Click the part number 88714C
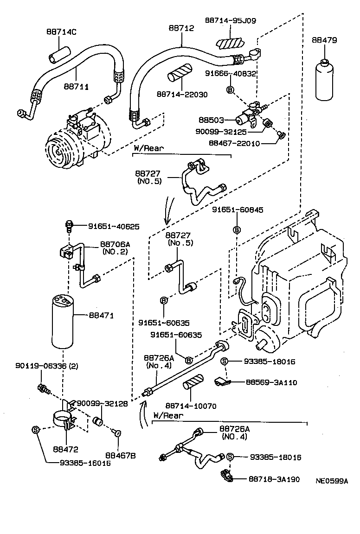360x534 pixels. point(61,32)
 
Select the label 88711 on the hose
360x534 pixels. point(77,86)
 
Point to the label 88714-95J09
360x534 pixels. point(231,20)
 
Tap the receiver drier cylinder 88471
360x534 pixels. point(64,322)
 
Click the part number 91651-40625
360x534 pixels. point(114,227)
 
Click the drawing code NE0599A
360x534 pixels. point(331,481)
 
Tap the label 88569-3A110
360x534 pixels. point(271,382)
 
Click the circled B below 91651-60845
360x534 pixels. point(237,230)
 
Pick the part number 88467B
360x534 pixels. point(120,456)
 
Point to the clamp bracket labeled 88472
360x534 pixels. point(64,420)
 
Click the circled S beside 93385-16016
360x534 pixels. point(37,430)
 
